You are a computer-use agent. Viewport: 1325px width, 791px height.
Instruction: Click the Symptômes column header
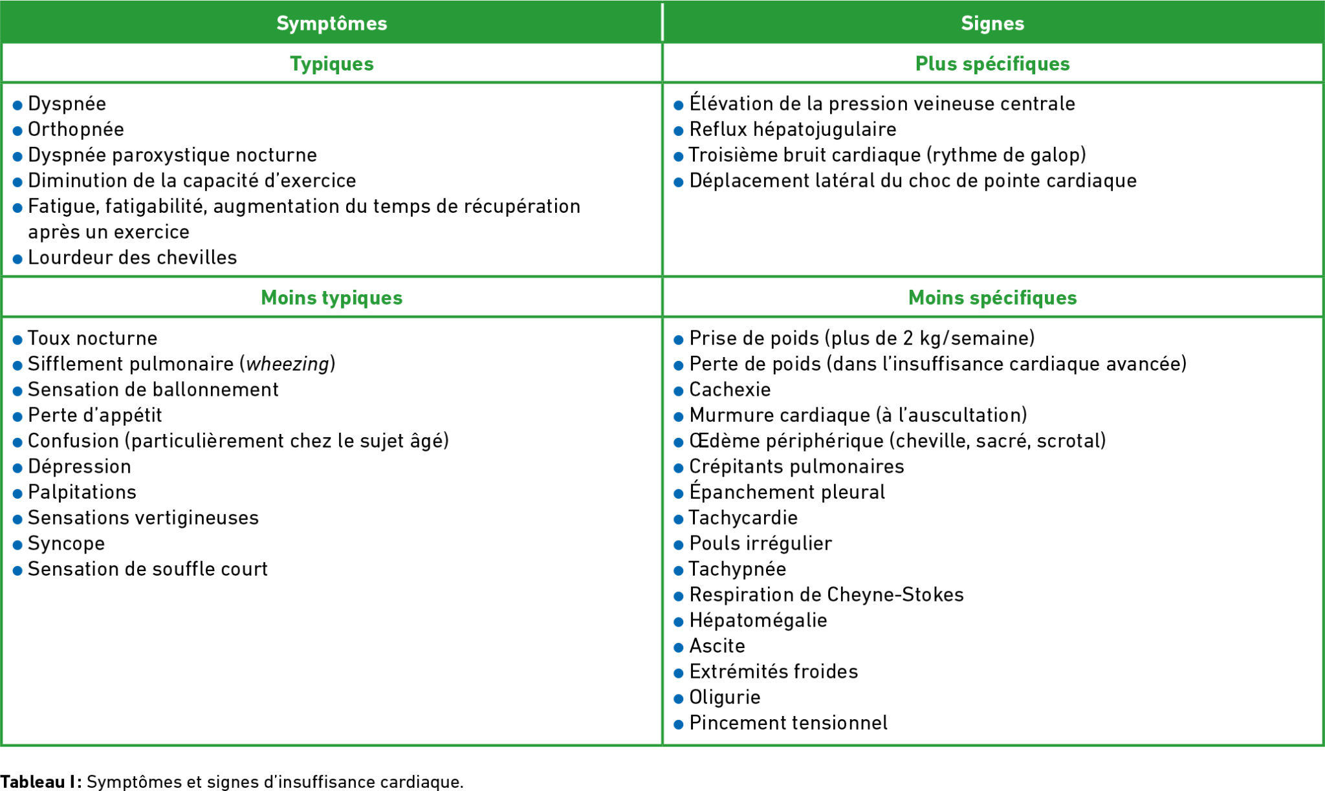[x=331, y=23]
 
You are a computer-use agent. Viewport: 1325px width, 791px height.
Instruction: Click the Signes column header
[x=992, y=23]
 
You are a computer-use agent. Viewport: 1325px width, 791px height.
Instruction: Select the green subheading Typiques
[x=331, y=63]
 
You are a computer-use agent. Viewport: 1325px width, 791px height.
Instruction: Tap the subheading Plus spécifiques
[x=992, y=63]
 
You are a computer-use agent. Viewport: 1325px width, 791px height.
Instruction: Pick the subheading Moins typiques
[x=331, y=298]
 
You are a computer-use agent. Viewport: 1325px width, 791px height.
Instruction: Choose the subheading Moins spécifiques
[x=992, y=298]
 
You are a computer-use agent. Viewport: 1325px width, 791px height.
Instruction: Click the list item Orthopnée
[x=76, y=129]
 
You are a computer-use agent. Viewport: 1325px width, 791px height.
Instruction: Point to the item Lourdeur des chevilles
[x=132, y=257]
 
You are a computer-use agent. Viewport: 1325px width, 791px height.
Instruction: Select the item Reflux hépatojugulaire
[x=793, y=129]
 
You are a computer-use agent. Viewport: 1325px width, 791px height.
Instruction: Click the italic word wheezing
[x=288, y=364]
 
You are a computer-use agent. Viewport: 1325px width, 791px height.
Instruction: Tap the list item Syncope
[x=66, y=543]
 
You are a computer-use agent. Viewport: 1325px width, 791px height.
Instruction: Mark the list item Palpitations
[x=82, y=492]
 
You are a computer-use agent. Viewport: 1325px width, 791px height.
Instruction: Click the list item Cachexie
[x=730, y=389]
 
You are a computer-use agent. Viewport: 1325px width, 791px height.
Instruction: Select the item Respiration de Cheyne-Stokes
[x=826, y=594]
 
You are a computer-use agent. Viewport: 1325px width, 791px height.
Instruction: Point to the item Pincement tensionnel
[x=788, y=722]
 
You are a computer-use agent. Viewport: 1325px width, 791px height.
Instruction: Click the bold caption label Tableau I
[x=40, y=782]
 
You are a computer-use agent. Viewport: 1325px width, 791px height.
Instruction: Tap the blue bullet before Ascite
[x=679, y=647]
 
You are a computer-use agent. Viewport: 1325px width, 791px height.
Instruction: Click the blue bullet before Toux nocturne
[x=17, y=340]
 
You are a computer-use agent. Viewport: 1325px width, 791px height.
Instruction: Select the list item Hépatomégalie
[x=758, y=620]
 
